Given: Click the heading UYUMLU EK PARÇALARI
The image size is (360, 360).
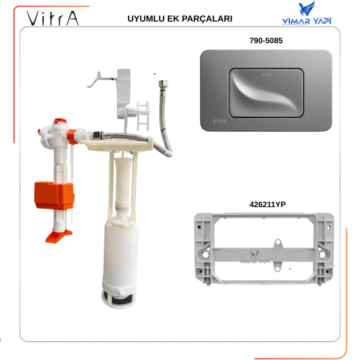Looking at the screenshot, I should [x=179, y=19].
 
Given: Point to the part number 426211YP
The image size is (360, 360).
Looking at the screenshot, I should [x=267, y=204].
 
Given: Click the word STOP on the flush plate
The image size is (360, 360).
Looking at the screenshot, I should [x=266, y=75].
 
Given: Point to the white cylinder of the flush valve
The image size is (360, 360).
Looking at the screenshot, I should [x=121, y=252].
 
